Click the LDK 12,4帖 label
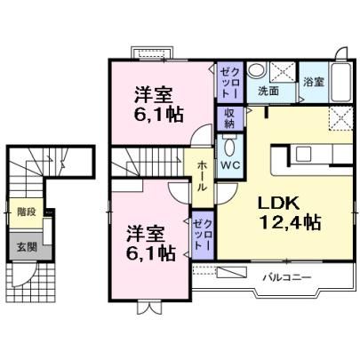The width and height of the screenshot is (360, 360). point(290,213)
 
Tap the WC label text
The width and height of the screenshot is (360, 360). point(231,165)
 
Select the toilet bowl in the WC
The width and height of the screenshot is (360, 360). point(229,146)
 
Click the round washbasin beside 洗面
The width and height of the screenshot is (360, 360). point(256,70)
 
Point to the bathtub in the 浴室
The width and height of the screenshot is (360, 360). point(341,82)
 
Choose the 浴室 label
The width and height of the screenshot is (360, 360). point(314,82)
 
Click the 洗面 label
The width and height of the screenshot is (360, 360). point(268,91)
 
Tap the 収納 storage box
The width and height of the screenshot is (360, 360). point(229,118)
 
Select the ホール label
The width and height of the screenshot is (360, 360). point(203,177)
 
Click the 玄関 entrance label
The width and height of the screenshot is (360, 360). point(27,246)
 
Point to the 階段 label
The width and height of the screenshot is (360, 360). point(27,212)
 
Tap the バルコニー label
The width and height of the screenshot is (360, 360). point(287,277)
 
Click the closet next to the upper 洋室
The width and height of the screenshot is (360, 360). point(230,82)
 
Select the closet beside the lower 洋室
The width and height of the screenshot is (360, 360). point(203,235)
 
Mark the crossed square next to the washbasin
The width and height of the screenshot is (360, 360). point(284,72)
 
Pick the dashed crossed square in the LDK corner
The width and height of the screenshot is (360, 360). point(341,118)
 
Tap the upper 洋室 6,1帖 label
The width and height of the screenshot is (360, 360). point(158,104)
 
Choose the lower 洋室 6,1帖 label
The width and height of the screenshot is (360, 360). point(150,243)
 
